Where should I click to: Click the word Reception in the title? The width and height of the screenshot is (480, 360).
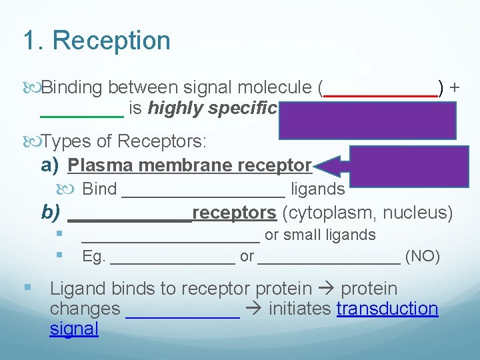pos(111,41)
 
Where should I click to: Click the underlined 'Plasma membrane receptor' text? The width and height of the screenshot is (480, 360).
pos(190,165)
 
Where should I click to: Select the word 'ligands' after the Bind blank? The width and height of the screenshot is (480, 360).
pos(318,189)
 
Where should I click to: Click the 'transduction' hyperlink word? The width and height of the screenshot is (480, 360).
pos(387,309)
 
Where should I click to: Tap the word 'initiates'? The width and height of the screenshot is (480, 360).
pos(300,309)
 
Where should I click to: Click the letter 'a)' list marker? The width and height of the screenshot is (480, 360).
pos(51,165)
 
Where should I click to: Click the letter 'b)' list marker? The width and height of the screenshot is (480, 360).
pos(51,213)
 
